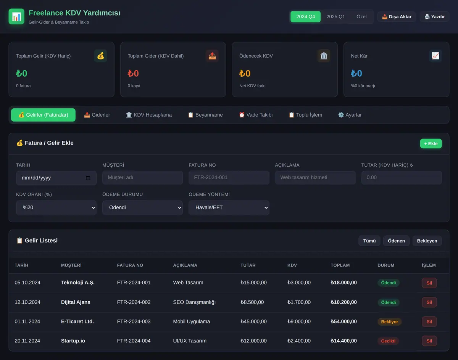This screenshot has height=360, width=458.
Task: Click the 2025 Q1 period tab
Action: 335,16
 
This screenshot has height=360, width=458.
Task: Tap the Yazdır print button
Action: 435,16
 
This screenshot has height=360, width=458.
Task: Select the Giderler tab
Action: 97,115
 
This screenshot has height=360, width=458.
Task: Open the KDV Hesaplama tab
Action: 149,115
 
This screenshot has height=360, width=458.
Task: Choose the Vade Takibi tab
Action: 256,115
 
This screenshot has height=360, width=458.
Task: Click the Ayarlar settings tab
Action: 350,115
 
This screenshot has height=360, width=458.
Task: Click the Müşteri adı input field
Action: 142,178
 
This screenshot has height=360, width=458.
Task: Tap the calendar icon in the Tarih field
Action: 88,178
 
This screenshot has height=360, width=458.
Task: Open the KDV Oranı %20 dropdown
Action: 56,207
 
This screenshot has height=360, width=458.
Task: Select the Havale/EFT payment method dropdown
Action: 229,207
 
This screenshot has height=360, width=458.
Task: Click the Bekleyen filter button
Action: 427,241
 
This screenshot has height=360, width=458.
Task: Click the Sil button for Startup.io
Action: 429,341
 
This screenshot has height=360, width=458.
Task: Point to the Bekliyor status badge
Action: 389,322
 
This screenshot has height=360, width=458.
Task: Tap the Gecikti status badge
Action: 388,341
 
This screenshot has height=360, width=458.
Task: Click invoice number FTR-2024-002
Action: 134,302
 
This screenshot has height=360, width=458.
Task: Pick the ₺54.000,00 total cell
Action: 343,321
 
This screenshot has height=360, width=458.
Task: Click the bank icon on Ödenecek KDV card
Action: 324,56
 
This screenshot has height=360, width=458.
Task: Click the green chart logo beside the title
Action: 16,16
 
